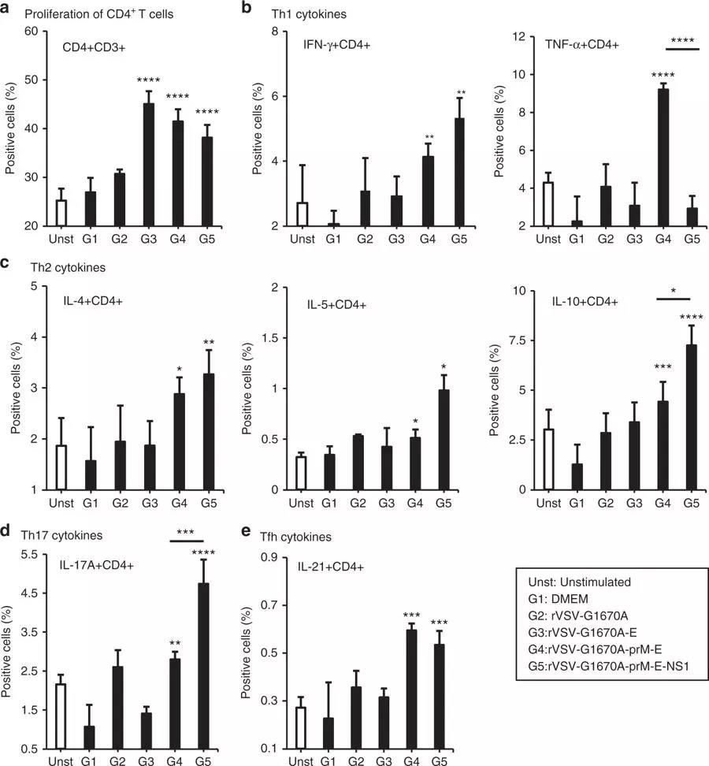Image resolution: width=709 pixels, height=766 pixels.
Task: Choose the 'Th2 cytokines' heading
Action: point(50,267)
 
